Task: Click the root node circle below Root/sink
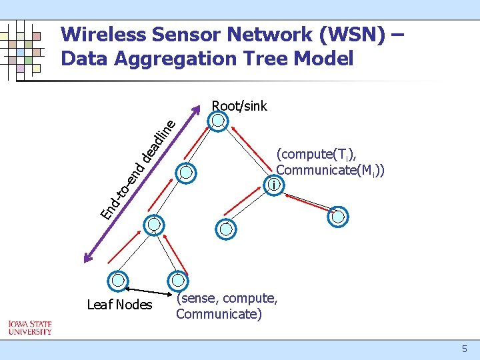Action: (x=219, y=121)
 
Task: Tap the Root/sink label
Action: (x=239, y=106)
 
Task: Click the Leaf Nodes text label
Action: (x=120, y=305)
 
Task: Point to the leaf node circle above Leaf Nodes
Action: (x=119, y=280)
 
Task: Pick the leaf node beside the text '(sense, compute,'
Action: (x=178, y=280)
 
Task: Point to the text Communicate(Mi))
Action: (x=331, y=171)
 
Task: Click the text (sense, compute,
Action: (x=226, y=298)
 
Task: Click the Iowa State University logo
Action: (x=29, y=328)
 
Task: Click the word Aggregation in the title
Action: (x=173, y=59)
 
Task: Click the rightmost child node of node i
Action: (x=339, y=216)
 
